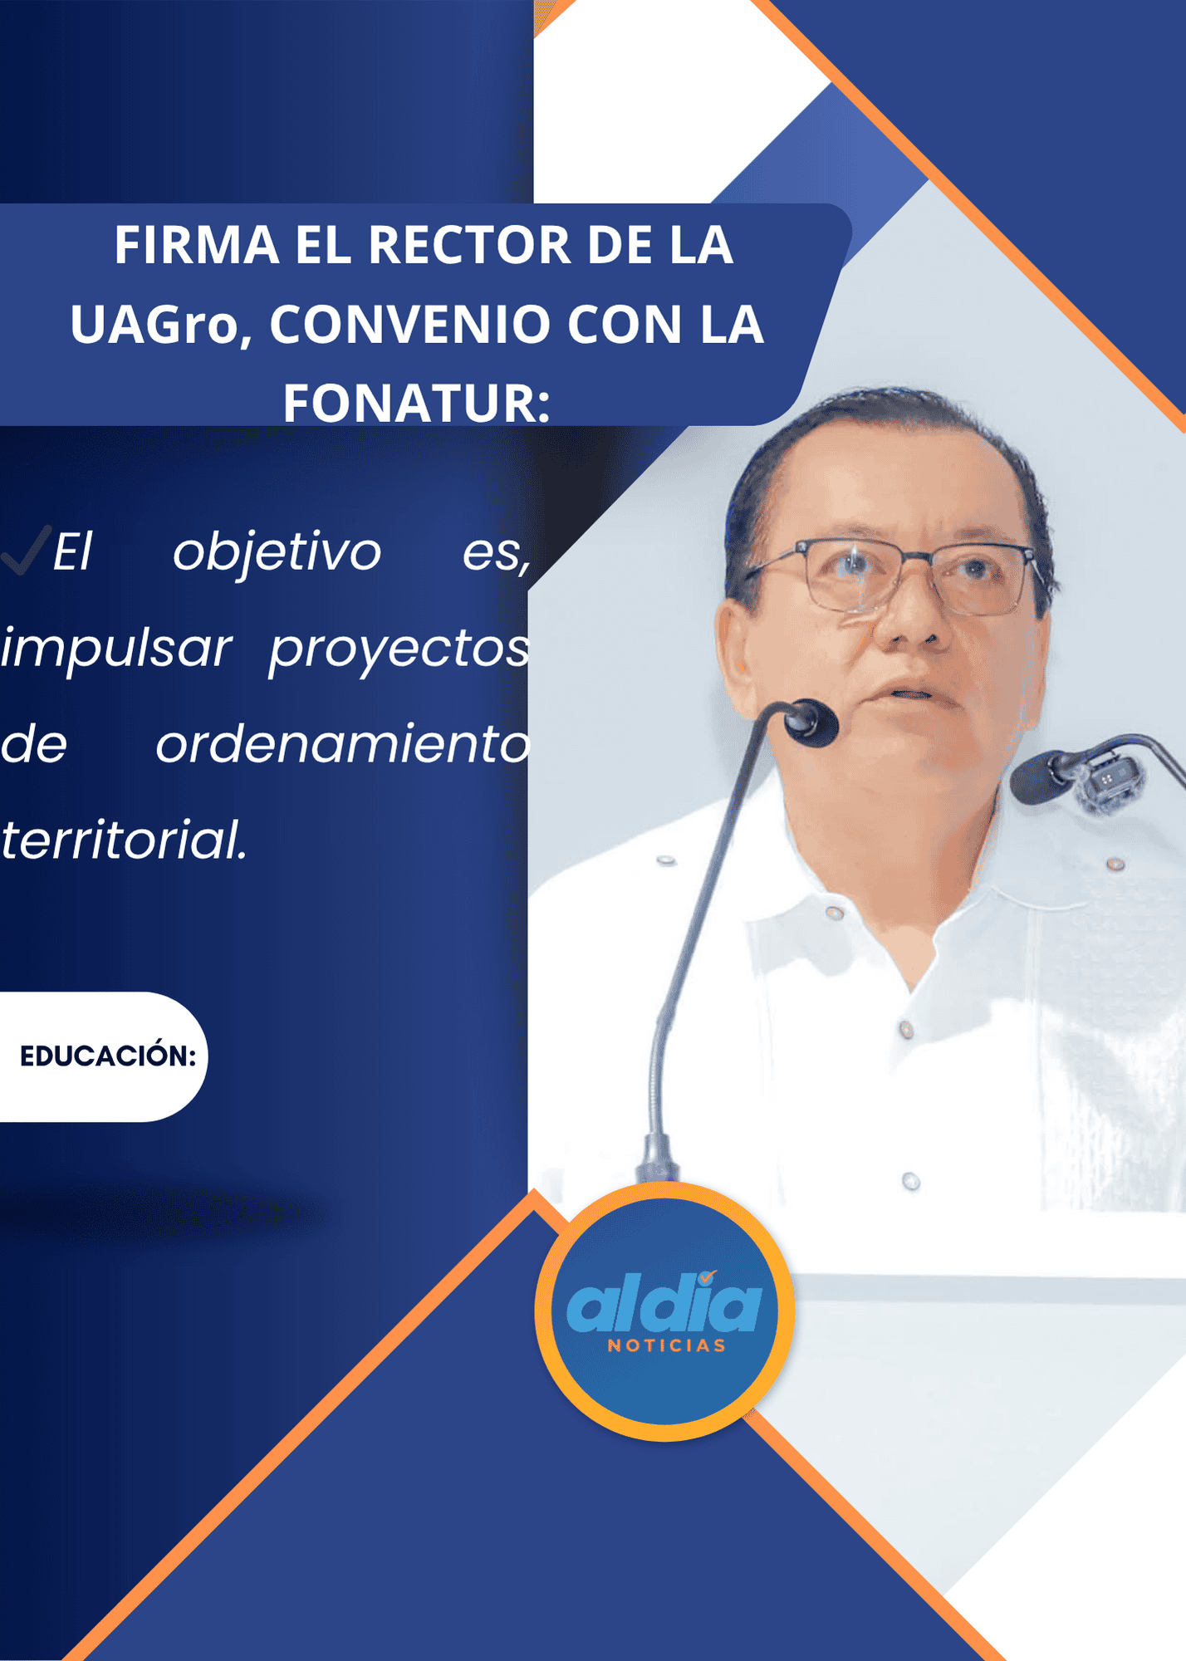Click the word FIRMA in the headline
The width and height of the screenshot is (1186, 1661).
(196, 245)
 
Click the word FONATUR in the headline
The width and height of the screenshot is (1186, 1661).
(416, 403)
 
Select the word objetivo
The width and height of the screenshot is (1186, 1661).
(277, 551)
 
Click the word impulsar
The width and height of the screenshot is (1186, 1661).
(115, 649)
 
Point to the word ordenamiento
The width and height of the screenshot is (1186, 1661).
(342, 743)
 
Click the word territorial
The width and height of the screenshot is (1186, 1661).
(124, 839)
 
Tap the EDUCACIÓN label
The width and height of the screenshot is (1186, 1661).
(107, 1056)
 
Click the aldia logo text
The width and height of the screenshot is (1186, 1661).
(664, 1302)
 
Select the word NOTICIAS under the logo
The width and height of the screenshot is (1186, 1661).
(667, 1345)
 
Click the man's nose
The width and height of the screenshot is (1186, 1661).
(911, 612)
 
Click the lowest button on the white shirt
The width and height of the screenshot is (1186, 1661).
(911, 1181)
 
